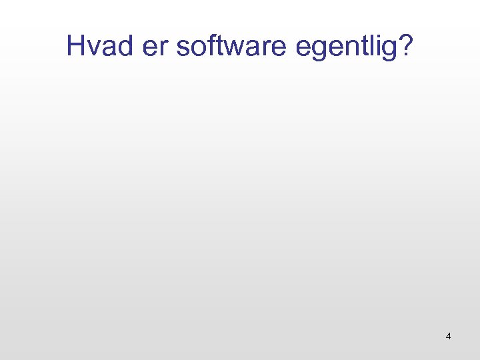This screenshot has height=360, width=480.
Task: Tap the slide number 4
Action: [448, 337]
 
